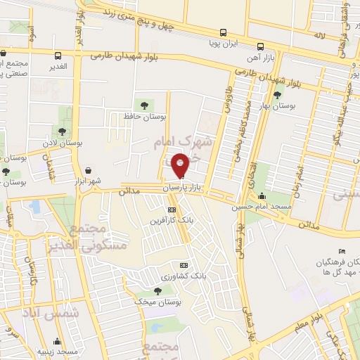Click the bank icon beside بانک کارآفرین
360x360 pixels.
pyautogui.click(x=172, y=210)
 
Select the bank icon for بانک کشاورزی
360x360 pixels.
pyautogui.click(x=184, y=265)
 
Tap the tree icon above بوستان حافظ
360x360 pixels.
pyautogui.click(x=145, y=105)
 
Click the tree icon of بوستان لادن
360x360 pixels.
pyautogui.click(x=63, y=131)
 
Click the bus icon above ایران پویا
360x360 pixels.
pyautogui.click(x=223, y=32)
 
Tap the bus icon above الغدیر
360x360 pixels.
pyautogui.click(x=58, y=55)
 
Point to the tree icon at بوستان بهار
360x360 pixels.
pyautogui.click(x=278, y=94)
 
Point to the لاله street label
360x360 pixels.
pyautogui.click(x=319, y=34)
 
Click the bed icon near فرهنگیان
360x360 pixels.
pyautogui.click(x=342, y=252)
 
